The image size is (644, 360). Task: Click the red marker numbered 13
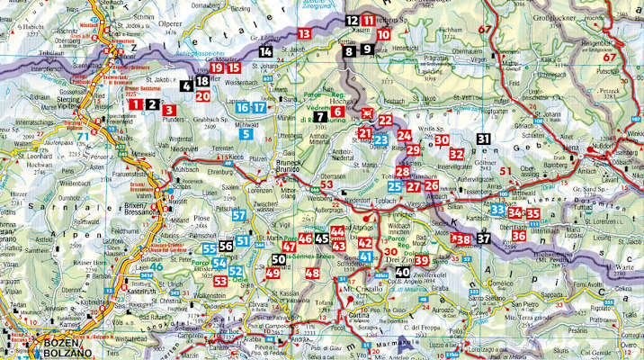tap(304, 33)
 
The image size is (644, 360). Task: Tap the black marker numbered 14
tap(265, 52)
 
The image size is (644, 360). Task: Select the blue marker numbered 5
tap(246, 134)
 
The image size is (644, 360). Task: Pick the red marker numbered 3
tap(168, 106)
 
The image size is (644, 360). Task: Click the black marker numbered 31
tap(484, 139)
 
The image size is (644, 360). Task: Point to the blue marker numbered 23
tap(381, 139)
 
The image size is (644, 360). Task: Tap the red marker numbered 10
tap(384, 34)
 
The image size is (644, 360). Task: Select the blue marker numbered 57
tap(239, 214)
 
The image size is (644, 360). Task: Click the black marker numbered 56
tap(227, 244)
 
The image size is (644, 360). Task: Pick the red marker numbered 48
tap(313, 273)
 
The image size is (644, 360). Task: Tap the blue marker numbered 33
tap(497, 211)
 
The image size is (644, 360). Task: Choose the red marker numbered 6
tap(339, 112)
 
